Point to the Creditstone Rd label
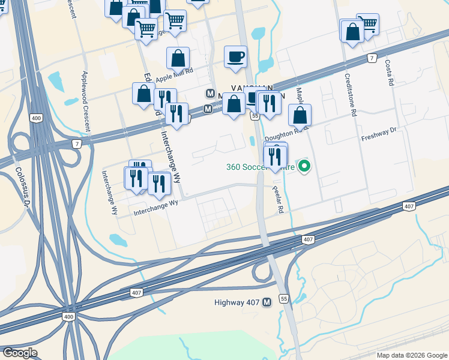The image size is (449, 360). tap(350, 94)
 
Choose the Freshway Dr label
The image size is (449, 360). tap(379, 134)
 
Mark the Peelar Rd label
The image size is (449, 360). tap(278, 200)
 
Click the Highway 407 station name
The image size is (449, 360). tap(237, 302)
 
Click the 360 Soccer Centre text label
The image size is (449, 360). tap(260, 167)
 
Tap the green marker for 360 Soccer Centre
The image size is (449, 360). tap(304, 166)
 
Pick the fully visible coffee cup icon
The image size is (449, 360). tap(235, 56)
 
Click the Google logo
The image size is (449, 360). tap(20, 353)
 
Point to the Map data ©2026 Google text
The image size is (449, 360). tap(411, 355)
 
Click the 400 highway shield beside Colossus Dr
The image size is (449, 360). tap(36, 118)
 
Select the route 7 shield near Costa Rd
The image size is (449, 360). tap(373, 58)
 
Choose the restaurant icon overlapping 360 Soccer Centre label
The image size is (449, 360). tap(275, 157)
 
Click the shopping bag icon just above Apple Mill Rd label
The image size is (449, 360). tap(178, 58)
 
